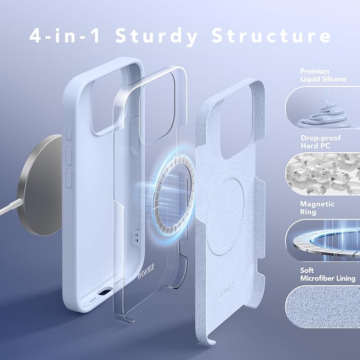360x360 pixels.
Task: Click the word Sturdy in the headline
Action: coord(156,37)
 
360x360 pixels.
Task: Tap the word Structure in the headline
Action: coord(271,36)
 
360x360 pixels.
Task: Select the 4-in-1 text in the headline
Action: coord(65,36)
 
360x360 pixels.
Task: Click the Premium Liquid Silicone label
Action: coord(323,75)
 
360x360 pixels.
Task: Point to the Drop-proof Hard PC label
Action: coord(321,142)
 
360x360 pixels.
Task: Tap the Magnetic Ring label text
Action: coord(317,208)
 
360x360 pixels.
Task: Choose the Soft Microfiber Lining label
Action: coord(328,274)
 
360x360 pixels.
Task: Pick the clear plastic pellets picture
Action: coord(323,174)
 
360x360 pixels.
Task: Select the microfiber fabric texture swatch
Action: coord(323,306)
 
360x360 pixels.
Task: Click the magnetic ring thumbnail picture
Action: coord(323,240)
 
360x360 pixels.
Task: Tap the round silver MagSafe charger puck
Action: coord(40,185)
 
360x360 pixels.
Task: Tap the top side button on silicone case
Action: coord(68,135)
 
